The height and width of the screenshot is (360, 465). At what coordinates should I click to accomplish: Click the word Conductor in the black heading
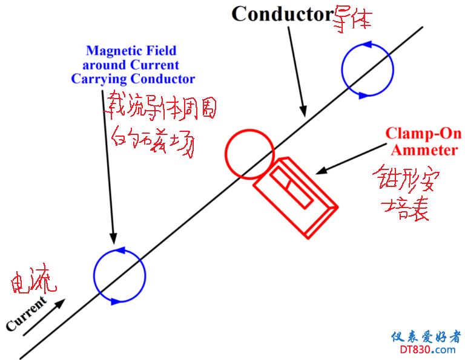(x=282, y=14)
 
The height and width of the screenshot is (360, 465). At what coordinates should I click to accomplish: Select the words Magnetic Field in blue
(x=131, y=51)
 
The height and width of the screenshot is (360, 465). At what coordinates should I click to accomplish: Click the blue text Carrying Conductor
(x=133, y=79)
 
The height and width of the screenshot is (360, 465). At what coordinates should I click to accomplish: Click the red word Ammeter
(x=424, y=149)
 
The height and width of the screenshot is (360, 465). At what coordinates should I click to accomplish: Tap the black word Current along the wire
(x=26, y=314)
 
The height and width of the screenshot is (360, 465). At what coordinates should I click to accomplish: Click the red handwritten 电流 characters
(x=34, y=282)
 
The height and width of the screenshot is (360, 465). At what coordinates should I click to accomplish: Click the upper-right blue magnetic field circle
(x=368, y=70)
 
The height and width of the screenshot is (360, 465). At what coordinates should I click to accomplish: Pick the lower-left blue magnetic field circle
(x=119, y=275)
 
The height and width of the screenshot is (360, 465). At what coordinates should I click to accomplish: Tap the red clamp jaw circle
(x=249, y=154)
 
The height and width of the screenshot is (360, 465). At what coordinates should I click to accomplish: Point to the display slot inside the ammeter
(x=292, y=188)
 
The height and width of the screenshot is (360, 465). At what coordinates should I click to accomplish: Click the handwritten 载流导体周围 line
(x=161, y=107)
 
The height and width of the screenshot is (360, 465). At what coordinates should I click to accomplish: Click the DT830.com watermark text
(x=428, y=349)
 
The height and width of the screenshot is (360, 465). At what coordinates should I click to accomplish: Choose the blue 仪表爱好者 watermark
(x=426, y=336)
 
